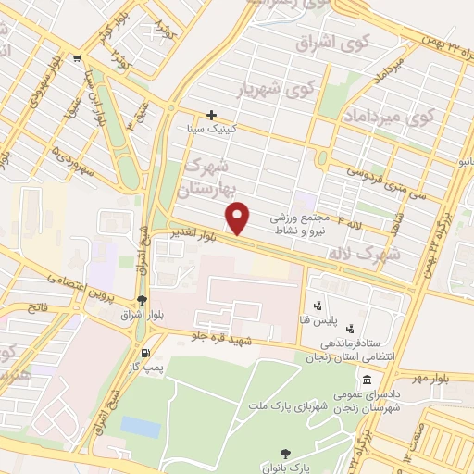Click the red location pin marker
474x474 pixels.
[x=239, y=218]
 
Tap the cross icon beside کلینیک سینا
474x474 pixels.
[x=212, y=116]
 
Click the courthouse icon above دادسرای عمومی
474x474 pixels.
[x=368, y=380]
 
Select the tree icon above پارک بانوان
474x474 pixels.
[x=286, y=453]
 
